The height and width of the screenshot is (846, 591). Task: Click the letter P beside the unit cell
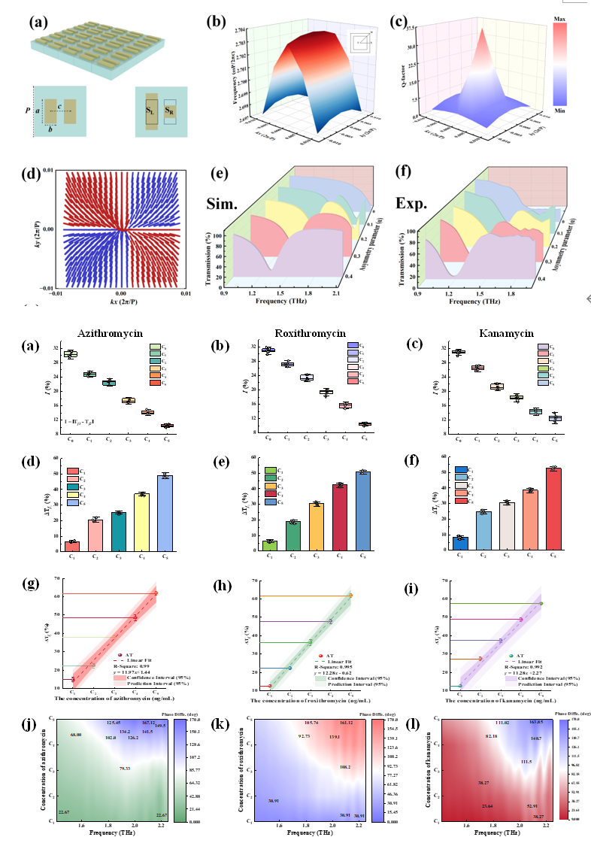[28, 108]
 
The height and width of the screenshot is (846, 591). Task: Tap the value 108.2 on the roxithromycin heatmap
[344, 767]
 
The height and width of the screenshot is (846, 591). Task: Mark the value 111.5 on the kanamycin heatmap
[526, 761]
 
